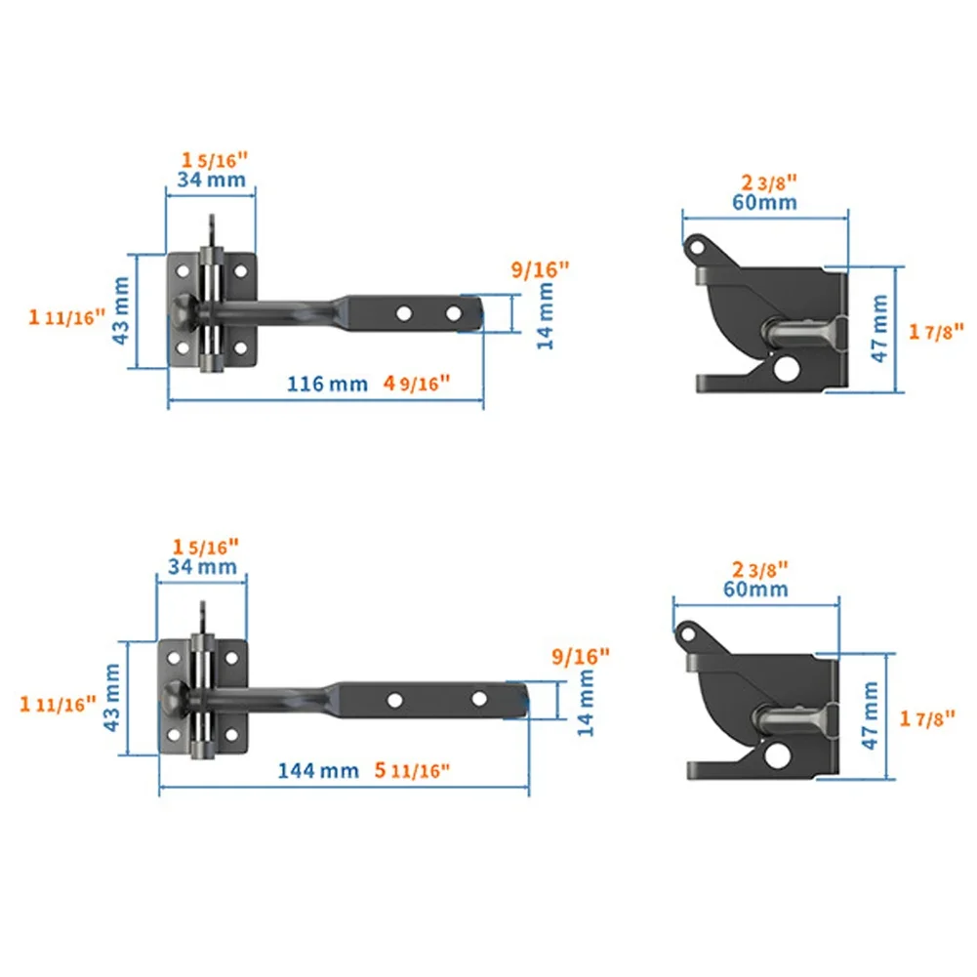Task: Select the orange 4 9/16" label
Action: point(417,384)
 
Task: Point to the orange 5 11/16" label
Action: point(411,770)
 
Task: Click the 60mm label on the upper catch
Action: point(764,203)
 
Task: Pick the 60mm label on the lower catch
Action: point(755,590)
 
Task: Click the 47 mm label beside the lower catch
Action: point(871,716)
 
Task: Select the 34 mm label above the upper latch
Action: point(211,180)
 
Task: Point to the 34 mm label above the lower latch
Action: point(202,566)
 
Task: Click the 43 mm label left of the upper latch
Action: point(121,309)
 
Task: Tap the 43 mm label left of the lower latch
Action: point(111,696)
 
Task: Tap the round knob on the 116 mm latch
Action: point(182,312)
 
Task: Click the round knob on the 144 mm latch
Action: point(173,699)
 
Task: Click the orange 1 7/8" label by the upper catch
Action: point(936,332)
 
